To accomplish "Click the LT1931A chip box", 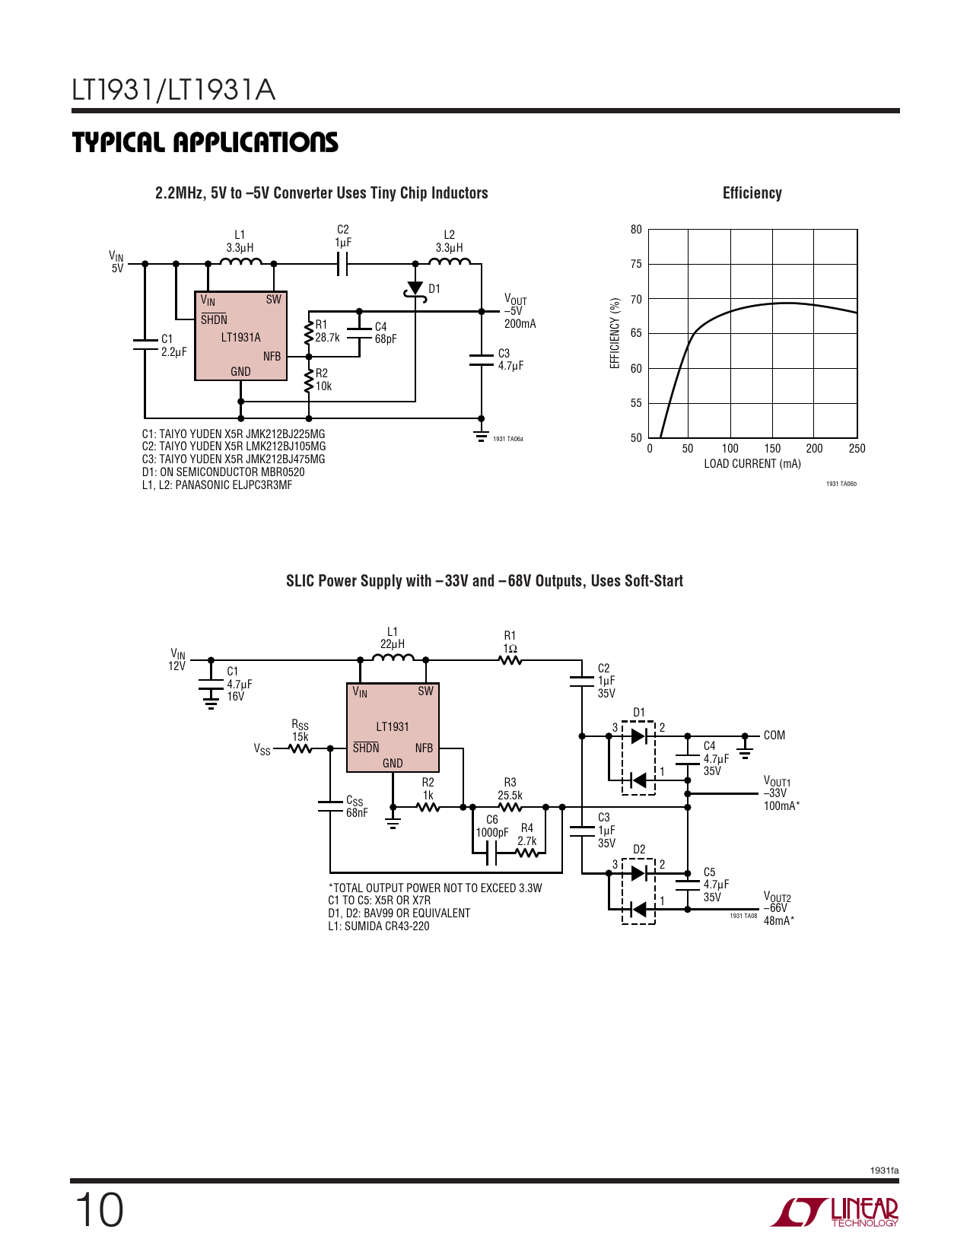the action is coord(241,335).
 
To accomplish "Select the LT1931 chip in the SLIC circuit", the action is coord(393,727).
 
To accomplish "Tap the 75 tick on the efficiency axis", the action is coord(636,264).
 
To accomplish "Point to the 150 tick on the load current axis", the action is coord(772,448).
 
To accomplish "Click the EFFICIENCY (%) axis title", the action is coord(615,333).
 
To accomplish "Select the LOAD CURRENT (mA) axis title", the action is coord(752,464).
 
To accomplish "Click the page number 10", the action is coord(99,1211).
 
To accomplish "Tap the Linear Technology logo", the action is coord(835,1212).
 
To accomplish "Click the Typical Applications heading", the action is coord(205,143).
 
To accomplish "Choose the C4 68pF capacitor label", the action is coord(386,332).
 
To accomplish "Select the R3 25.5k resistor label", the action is coord(510,788).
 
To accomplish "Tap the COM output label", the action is coord(774,736).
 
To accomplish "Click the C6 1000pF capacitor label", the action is coord(492,826).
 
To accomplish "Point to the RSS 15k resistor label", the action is coord(300,731).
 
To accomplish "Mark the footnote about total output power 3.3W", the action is coord(435,888).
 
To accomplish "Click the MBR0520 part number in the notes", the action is coord(281,472).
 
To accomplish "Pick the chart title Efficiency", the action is coord(752,193).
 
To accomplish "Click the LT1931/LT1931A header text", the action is coord(173,90).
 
